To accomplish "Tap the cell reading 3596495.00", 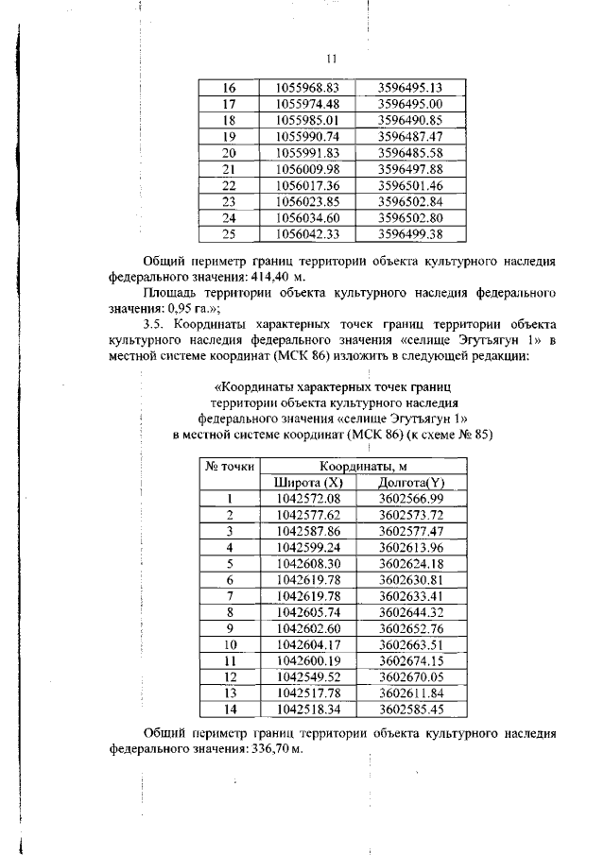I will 410,104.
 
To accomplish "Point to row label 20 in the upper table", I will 228,153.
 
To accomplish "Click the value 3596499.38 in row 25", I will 410,233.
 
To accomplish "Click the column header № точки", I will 229,468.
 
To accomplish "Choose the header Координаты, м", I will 362,467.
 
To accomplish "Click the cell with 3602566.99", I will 411,499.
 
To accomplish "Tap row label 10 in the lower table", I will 229,644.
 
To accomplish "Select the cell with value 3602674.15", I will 411,660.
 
